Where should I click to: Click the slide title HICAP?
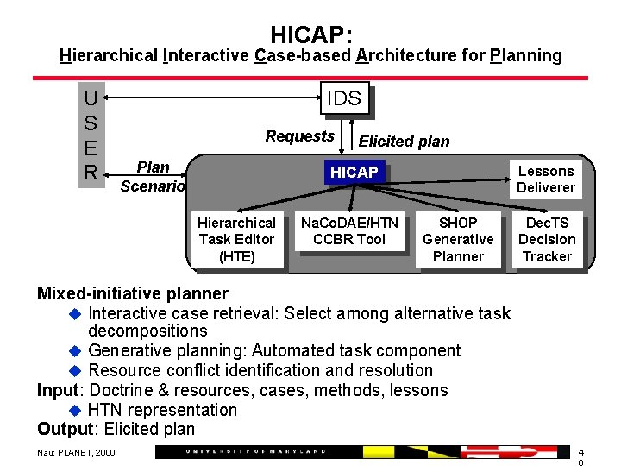310,35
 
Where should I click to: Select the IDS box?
344,98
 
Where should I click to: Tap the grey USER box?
91,135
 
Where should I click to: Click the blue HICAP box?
354,173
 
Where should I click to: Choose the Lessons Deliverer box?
545,179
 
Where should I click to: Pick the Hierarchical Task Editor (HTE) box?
237,239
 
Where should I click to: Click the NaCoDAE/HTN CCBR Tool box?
349,231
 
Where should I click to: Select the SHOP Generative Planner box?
458,239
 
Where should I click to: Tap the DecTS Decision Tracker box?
547,239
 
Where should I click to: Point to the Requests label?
299,136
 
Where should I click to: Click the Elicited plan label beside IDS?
404,142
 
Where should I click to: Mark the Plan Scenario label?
153,176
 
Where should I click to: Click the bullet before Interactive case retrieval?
74,313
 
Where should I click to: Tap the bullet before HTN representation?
74,411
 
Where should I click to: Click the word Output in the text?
65,429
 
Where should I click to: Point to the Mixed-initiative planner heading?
132,293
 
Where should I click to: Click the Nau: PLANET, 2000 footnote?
76,452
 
